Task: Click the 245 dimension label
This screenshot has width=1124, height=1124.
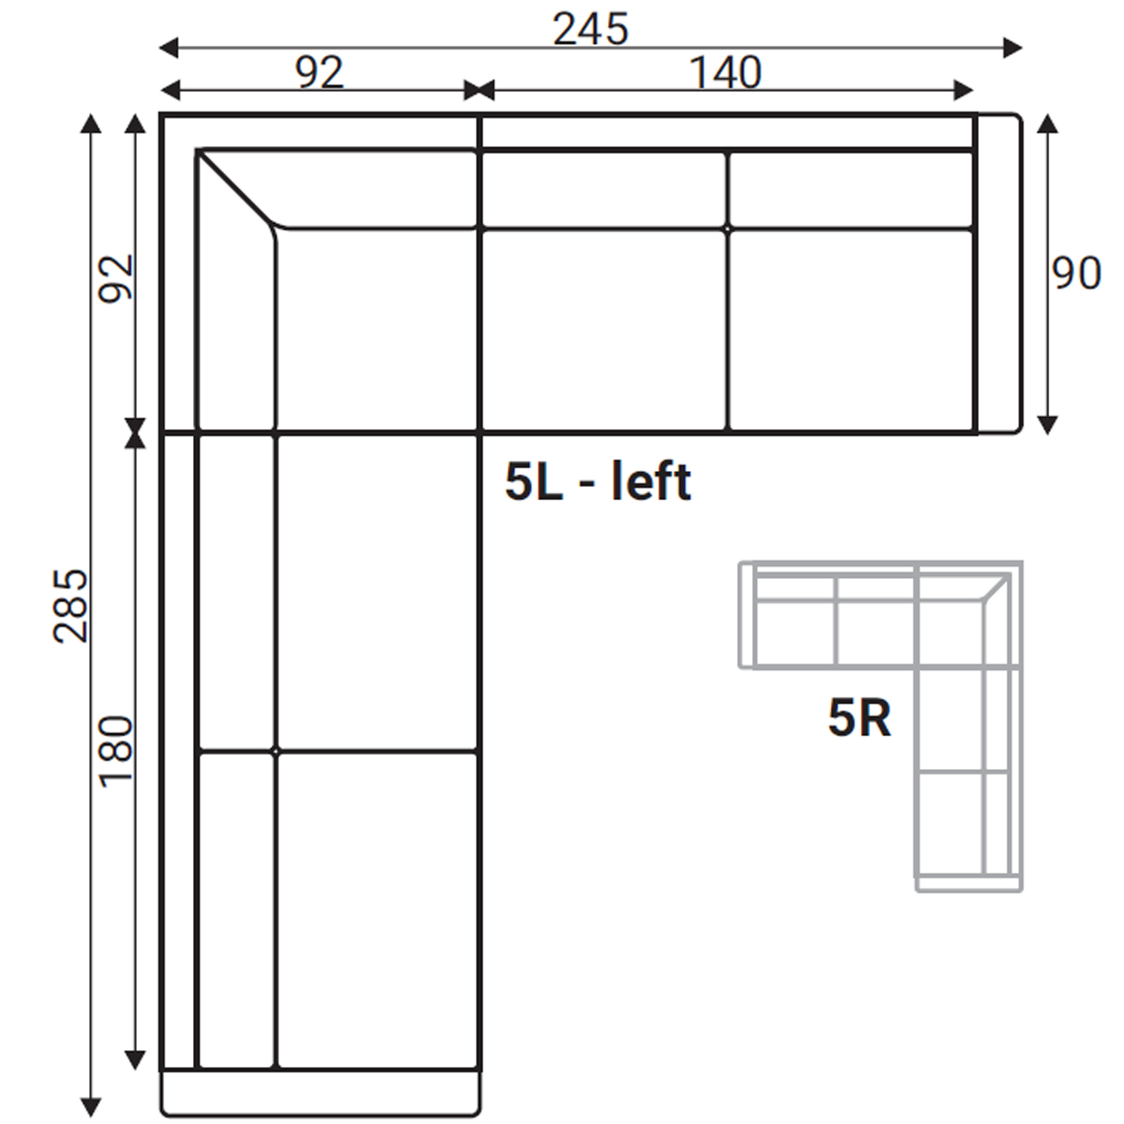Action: click(590, 29)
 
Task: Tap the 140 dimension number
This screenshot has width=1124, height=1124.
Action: click(725, 73)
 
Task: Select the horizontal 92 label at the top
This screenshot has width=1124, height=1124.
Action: click(319, 73)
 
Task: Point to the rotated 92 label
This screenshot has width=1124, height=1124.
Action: click(116, 279)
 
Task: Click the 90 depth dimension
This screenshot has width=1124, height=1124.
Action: click(1076, 273)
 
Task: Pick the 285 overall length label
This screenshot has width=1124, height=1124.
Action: click(70, 606)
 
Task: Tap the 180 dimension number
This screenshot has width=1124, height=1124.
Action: click(116, 752)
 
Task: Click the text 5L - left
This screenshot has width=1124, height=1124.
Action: click(598, 481)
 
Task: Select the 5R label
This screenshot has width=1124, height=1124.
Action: click(859, 719)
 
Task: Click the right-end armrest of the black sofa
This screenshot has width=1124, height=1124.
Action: click(999, 274)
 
